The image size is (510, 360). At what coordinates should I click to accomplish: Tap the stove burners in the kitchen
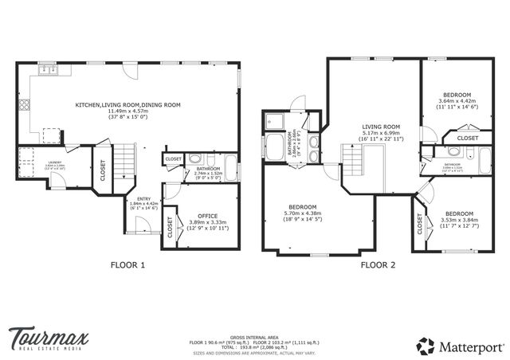[x=25, y=104]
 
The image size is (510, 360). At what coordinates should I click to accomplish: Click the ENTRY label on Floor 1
[x=143, y=199]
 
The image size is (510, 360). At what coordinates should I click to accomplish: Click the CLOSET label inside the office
[x=171, y=229]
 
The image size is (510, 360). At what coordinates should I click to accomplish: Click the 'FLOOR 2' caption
[x=379, y=265]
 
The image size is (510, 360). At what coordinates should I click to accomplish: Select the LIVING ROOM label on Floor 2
[x=381, y=127]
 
